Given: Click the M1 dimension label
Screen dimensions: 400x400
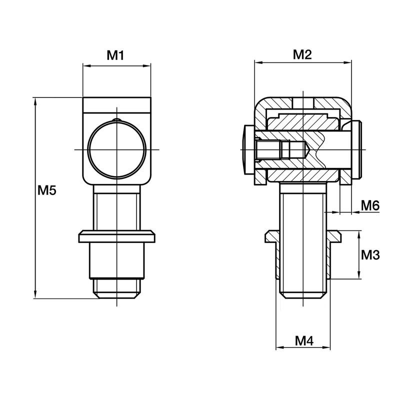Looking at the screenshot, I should [x=115, y=55].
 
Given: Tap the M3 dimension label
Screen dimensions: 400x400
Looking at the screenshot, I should [x=370, y=254].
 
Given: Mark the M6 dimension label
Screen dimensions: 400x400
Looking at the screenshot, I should [x=370, y=204].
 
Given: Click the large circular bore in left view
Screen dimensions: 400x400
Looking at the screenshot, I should [x=116, y=149].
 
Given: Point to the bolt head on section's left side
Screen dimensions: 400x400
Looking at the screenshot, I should [x=247, y=149].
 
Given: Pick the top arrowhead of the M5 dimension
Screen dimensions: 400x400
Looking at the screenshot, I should [x=34, y=100].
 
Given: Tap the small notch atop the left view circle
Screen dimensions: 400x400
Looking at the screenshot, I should [x=116, y=119].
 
